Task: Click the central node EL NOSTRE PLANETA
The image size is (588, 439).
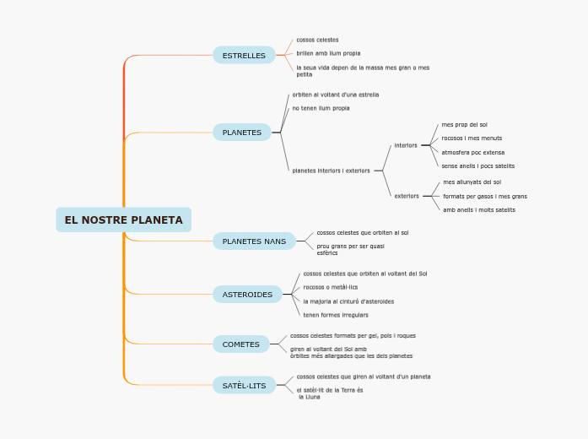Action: pyautogui.click(x=123, y=219)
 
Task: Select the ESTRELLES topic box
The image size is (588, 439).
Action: pyautogui.click(x=244, y=56)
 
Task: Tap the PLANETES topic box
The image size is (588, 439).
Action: pyautogui.click(x=242, y=133)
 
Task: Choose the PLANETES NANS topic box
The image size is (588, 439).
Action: pyautogui.click(x=254, y=241)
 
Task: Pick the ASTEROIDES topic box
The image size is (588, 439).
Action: pyautogui.click(x=247, y=295)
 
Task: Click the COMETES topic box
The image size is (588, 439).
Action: pyautogui.click(x=241, y=344)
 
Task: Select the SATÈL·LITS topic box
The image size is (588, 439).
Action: pyautogui.click(x=244, y=386)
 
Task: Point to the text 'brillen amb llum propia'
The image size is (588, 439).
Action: pyautogui.click(x=328, y=53)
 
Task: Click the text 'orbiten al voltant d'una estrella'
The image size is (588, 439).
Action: pyautogui.click(x=335, y=95)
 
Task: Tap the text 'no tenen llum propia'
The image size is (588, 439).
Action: pyautogui.click(x=321, y=108)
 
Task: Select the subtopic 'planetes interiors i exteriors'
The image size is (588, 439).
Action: pyautogui.click(x=331, y=171)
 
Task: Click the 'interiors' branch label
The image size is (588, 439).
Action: pyautogui.click(x=406, y=145)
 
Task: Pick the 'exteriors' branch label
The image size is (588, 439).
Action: pyautogui.click(x=407, y=196)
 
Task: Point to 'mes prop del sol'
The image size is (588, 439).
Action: pyautogui.click(x=464, y=124)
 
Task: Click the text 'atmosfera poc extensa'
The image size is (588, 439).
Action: pyautogui.click(x=472, y=153)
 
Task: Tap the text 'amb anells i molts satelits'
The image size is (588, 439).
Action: pyautogui.click(x=479, y=209)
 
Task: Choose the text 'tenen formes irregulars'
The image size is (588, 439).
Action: pyautogui.click(x=336, y=315)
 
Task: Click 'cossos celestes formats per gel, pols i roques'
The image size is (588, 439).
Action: pyautogui.click(x=353, y=335)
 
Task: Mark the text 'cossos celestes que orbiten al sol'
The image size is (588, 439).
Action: pyautogui.click(x=363, y=232)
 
